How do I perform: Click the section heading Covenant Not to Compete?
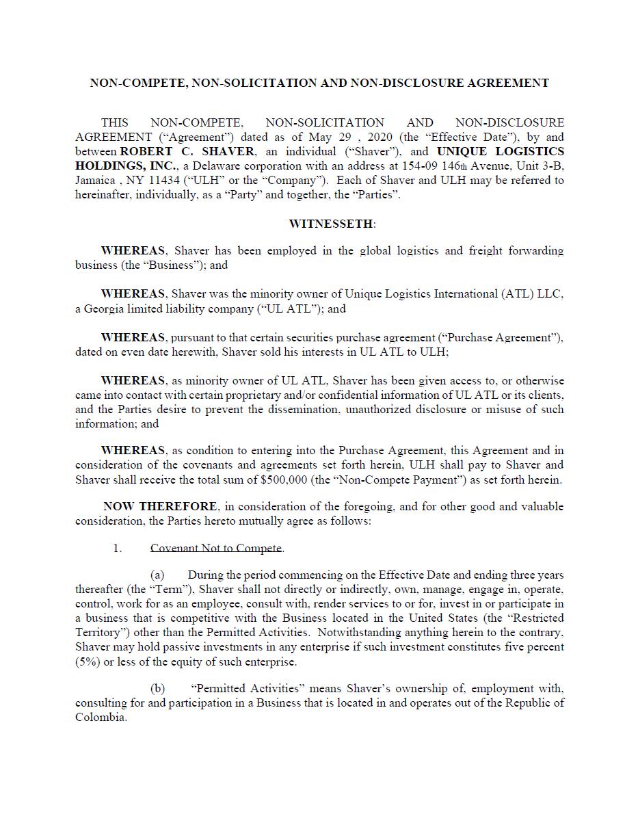click(x=216, y=548)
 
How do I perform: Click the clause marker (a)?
click(x=157, y=575)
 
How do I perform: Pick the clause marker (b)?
click(x=157, y=688)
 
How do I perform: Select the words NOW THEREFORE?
click(x=161, y=507)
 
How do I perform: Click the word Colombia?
click(x=101, y=718)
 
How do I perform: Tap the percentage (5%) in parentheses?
click(x=87, y=661)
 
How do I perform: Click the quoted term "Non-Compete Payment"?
click(x=399, y=480)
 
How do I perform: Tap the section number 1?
click(x=117, y=548)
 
